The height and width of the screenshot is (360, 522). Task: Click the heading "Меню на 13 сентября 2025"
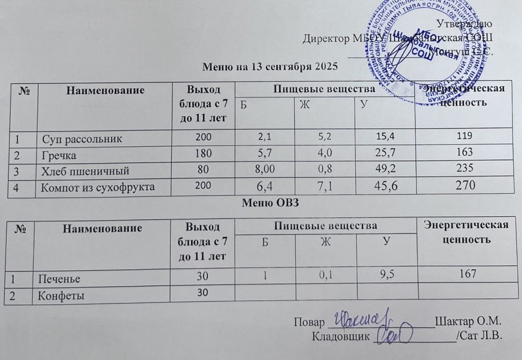click(x=271, y=66)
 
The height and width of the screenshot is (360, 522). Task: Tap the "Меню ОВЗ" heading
click(x=271, y=202)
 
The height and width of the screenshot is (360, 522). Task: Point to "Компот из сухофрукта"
click(x=98, y=188)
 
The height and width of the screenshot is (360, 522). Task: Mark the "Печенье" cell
click(x=57, y=279)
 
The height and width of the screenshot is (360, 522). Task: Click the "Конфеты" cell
click(x=59, y=295)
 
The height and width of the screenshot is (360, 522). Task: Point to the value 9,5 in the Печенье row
click(x=386, y=275)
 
